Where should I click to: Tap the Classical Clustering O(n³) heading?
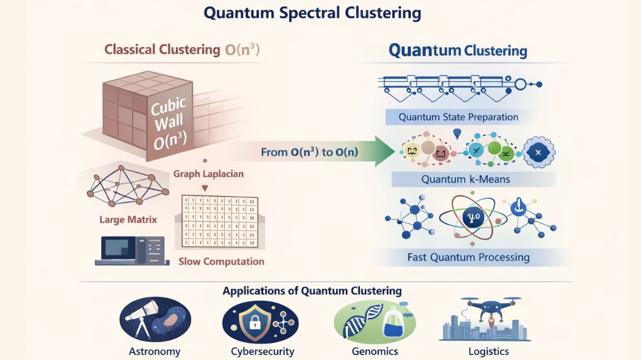[182, 50]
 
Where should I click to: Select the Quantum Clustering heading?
[457, 51]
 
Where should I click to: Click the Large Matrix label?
[128, 220]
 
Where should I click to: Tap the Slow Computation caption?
[221, 261]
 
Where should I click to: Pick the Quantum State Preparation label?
[458, 117]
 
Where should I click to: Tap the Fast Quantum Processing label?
[468, 257]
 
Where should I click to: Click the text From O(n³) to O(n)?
[309, 152]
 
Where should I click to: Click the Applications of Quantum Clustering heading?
[312, 291]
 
